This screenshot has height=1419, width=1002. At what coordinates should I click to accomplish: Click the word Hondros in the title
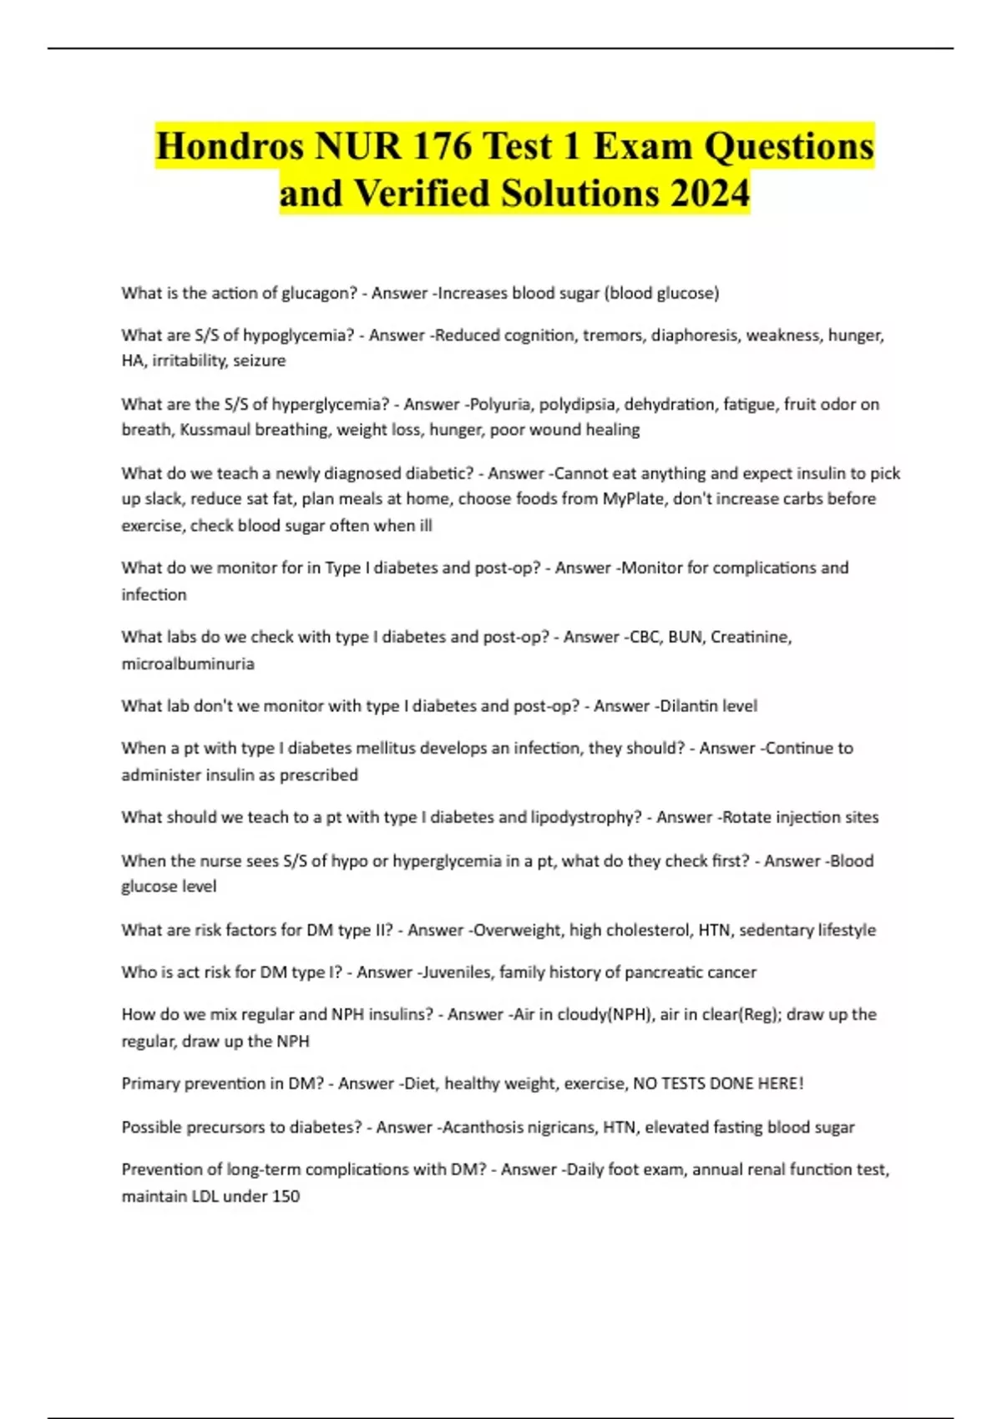click(x=230, y=147)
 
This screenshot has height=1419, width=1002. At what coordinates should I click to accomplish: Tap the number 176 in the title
click(x=442, y=147)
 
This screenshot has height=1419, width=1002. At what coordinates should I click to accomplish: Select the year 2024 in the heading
click(x=709, y=194)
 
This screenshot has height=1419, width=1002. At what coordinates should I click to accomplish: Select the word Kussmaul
click(x=215, y=430)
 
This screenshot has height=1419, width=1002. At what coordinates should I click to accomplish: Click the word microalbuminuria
click(x=188, y=664)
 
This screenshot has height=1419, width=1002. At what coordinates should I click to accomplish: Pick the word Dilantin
click(x=686, y=706)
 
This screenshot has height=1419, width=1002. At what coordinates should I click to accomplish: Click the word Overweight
click(x=518, y=930)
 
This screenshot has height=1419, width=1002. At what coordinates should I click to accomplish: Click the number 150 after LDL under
click(x=286, y=1196)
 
